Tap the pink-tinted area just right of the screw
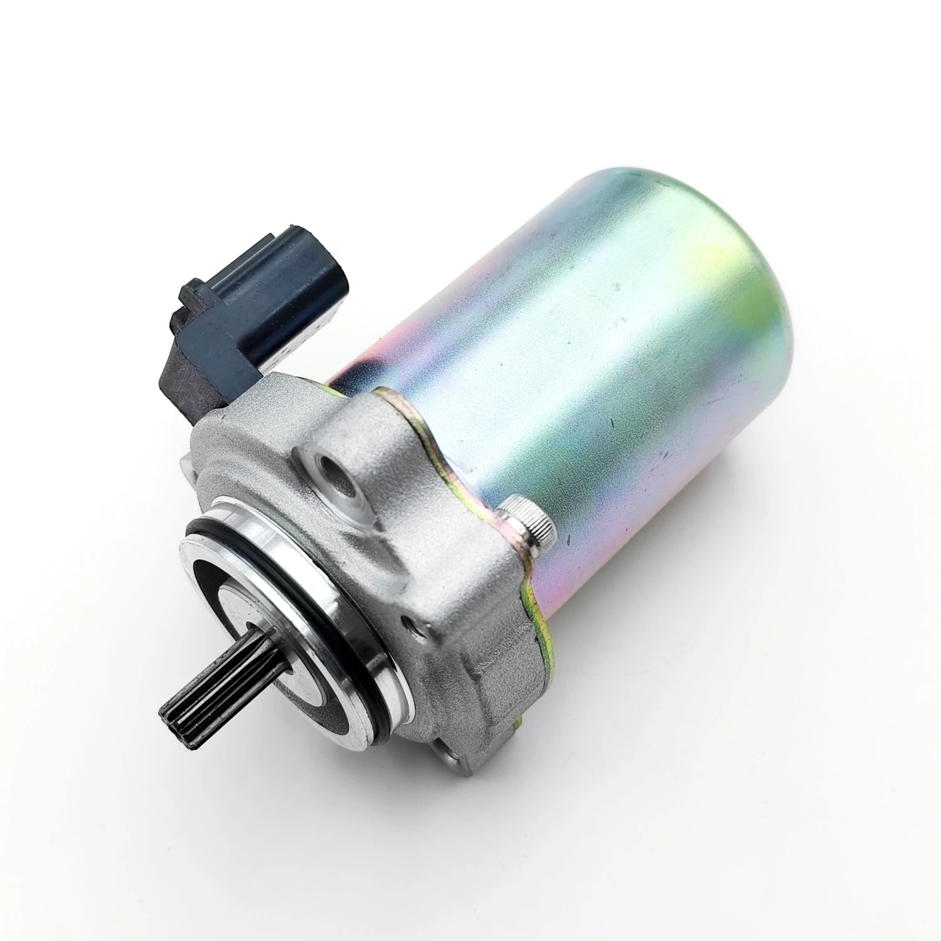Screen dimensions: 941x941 click(565, 533)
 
